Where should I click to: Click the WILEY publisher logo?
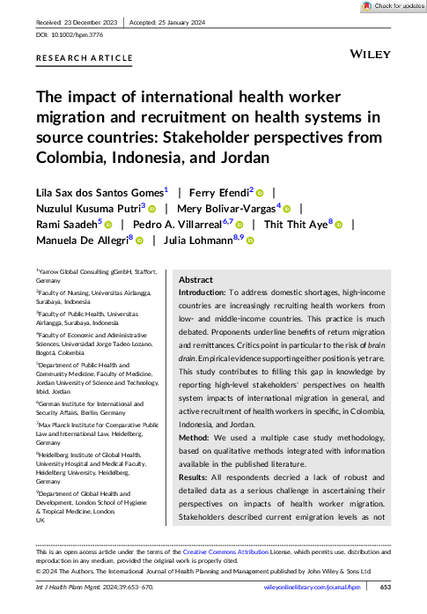click(x=371, y=55)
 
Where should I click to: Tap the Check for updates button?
click(x=389, y=6)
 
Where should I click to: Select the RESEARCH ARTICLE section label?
click(x=85, y=57)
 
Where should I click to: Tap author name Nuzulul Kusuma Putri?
click(x=86, y=209)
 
